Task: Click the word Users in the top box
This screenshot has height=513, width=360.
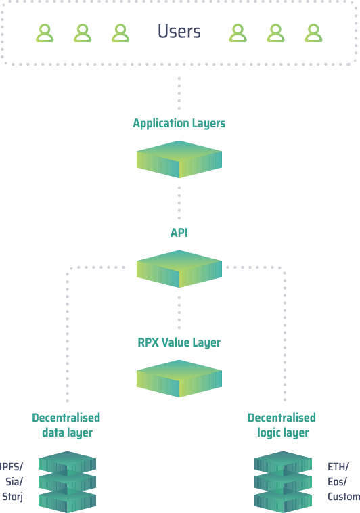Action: [x=179, y=31]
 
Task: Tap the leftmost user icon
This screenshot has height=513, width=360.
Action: [x=45, y=33]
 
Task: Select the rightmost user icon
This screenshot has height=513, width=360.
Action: [x=313, y=33]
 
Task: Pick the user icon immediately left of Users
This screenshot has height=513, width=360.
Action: [x=120, y=33]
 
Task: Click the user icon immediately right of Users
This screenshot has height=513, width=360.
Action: [x=238, y=33]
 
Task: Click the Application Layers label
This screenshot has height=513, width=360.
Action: [x=179, y=123]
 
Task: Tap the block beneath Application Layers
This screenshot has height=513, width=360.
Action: [x=179, y=159]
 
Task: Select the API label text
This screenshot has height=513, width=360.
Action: [x=179, y=233]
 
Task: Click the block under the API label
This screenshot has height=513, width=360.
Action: [x=179, y=269]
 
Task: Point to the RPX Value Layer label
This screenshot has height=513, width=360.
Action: [x=179, y=342]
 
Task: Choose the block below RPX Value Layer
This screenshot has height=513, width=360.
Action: [x=179, y=378]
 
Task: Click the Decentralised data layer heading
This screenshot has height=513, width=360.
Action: [x=66, y=425]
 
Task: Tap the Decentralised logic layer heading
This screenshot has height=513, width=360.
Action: [x=282, y=425]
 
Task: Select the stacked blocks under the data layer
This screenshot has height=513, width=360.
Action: [x=68, y=482]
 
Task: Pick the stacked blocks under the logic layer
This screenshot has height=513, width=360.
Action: [x=283, y=482]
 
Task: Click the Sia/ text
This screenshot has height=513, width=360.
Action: [x=14, y=482]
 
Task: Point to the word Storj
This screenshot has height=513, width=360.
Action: [x=12, y=497]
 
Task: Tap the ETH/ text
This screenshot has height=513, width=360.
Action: [x=338, y=466]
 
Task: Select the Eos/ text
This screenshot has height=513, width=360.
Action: [x=337, y=482]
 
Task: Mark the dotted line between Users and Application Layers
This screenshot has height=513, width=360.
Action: [x=179, y=93]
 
